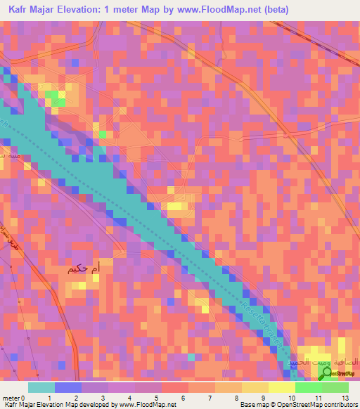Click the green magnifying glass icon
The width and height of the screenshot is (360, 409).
tap(325, 374)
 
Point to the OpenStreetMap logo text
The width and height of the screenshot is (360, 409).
tap(341, 373)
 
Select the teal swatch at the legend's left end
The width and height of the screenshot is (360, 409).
tap(41, 387)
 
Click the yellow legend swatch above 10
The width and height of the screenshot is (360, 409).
tap(281, 387)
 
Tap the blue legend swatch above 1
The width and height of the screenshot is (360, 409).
tap(67, 387)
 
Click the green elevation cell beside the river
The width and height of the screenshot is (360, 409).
tap(103, 134)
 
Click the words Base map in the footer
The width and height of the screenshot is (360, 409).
tap(254, 405)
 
